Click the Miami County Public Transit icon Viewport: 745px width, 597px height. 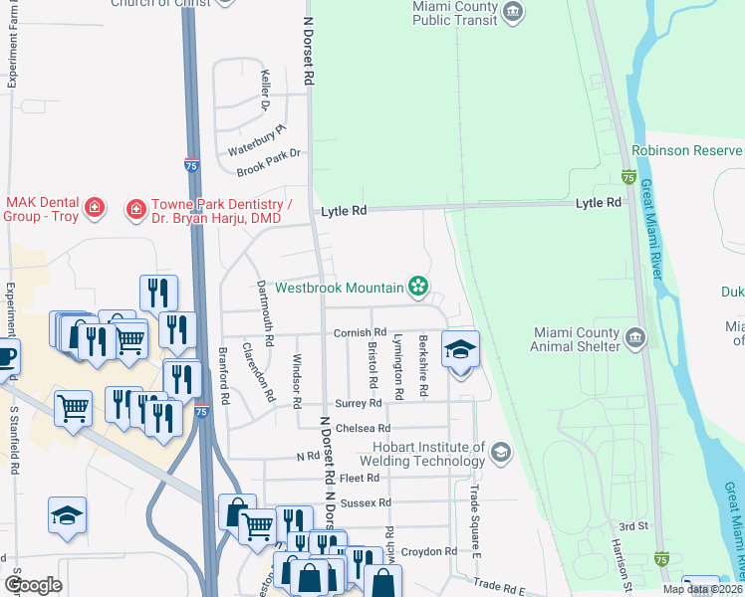pos(514,12)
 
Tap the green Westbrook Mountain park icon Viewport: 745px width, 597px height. pos(418,288)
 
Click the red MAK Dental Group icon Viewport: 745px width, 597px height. pos(95,208)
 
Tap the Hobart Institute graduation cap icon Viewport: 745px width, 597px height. pos(500,454)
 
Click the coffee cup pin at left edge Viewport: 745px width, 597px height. pos(6,355)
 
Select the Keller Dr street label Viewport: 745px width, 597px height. pos(265,90)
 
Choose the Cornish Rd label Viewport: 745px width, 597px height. pos(360,332)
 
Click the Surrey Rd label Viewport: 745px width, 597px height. pos(359,403)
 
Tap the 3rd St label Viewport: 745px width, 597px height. pos(633,525)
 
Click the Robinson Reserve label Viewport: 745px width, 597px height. pos(687,150)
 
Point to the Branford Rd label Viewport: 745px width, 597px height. pos(225,375)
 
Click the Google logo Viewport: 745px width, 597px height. pos(33,585)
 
